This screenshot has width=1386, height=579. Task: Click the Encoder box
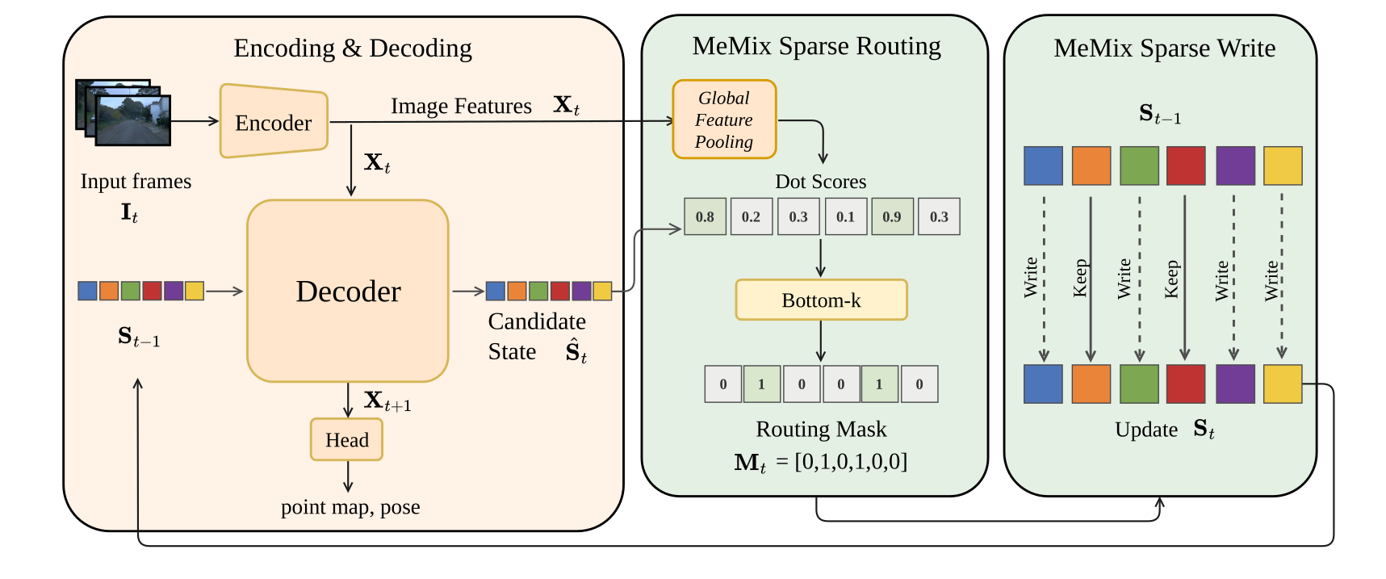click(274, 122)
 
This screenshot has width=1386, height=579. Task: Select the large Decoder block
click(348, 291)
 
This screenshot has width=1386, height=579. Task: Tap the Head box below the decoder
click(346, 439)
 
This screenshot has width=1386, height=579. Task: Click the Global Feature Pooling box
click(724, 120)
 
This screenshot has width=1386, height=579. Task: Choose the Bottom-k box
click(821, 300)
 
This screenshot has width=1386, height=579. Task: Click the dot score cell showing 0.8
click(705, 216)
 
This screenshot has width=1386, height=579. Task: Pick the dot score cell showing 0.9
click(892, 216)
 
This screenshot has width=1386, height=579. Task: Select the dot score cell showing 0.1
click(845, 216)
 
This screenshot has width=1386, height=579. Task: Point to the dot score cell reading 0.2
click(751, 216)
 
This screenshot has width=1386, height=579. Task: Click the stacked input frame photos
click(124, 112)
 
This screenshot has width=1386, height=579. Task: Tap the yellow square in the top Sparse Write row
click(1282, 166)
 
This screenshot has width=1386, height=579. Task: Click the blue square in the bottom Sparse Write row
click(1043, 384)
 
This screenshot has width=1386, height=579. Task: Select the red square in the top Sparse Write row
click(1186, 166)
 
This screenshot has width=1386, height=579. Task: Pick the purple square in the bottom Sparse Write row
click(1235, 384)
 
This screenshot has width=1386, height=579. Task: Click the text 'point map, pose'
click(350, 507)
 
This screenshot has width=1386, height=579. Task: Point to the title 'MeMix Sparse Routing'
click(816, 46)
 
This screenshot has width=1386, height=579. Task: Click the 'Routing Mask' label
click(821, 429)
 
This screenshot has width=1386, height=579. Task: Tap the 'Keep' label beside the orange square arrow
click(1079, 278)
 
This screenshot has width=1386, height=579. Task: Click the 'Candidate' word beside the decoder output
click(537, 321)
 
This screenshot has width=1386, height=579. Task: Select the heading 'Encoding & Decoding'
click(353, 48)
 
